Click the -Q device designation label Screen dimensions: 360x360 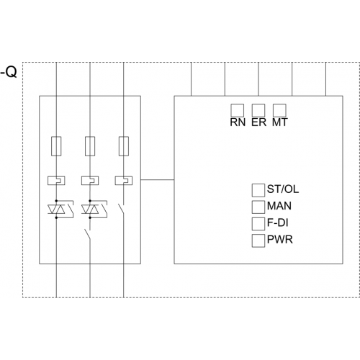pos(9,72)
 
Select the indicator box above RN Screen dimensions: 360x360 pos(238,110)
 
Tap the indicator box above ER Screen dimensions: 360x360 pos(258,110)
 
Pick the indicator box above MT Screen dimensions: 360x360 pos(279,110)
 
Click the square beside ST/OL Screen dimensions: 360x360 pos(258,190)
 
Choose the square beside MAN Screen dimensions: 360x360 pos(258,207)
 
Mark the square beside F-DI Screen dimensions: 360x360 pos(258,224)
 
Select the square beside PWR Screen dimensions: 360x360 pos(258,240)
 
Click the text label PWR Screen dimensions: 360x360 pos(280,240)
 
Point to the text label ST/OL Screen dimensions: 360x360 pos(283,189)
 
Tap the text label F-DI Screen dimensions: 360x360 pos(277,222)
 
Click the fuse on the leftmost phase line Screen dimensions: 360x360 pos(56,146)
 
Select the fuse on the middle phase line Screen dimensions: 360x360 pos(90,146)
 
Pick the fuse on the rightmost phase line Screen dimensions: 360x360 pos(124,146)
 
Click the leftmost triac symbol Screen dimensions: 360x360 pos(56,210)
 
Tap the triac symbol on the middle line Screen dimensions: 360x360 pos(90,210)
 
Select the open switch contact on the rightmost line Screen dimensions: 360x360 pos(121,210)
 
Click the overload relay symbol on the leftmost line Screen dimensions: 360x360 pos(56,181)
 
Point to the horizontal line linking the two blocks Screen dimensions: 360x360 pos(158,179)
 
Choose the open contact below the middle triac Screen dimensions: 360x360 pos(88,235)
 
